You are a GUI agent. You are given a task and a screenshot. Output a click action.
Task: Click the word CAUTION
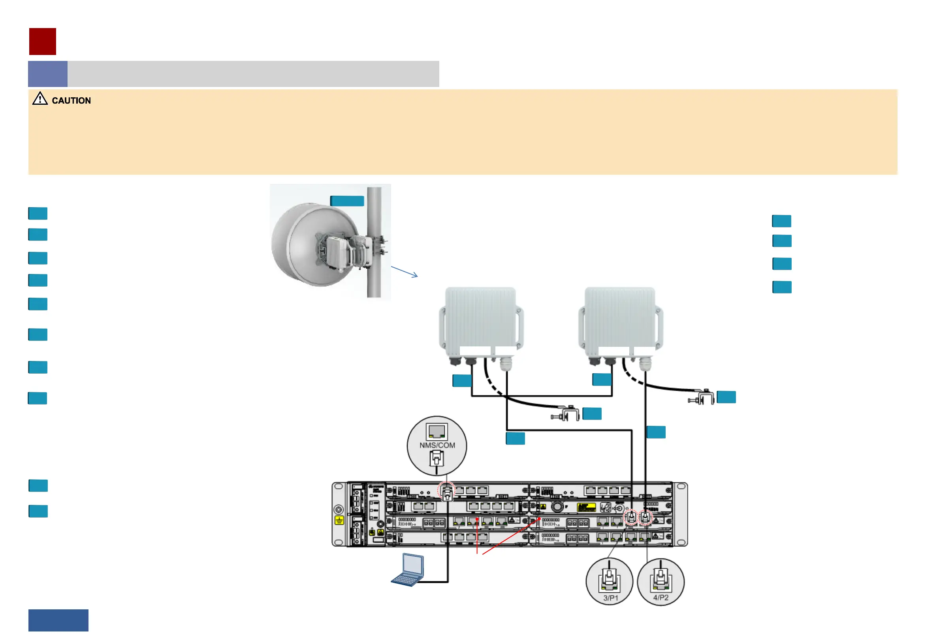pyautogui.click(x=71, y=100)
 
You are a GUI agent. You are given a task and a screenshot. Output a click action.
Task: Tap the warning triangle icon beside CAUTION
pyautogui.click(x=40, y=98)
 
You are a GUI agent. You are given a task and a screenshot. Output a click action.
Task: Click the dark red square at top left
pyautogui.click(x=43, y=42)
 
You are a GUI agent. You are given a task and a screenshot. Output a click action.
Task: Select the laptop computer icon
pyautogui.click(x=408, y=570)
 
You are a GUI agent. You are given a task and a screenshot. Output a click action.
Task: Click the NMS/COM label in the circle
pyautogui.click(x=437, y=445)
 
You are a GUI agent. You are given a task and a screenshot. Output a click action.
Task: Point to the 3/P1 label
pyautogui.click(x=611, y=598)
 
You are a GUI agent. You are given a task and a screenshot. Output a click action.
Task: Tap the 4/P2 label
pyautogui.click(x=661, y=597)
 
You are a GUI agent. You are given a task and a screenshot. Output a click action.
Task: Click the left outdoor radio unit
pyautogui.click(x=481, y=320)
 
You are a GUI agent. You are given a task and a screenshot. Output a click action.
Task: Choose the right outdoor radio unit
pyautogui.click(x=620, y=320)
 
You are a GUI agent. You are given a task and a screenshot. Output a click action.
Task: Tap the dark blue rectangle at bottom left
pyautogui.click(x=58, y=620)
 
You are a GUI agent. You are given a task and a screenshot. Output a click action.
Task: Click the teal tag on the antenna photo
pyautogui.click(x=347, y=201)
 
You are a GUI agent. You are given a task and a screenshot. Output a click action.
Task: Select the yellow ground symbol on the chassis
pyautogui.click(x=339, y=520)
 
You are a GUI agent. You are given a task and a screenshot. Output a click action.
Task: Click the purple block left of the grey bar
pyautogui.click(x=48, y=74)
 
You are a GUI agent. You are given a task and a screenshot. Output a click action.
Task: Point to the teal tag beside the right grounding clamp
pyautogui.click(x=726, y=397)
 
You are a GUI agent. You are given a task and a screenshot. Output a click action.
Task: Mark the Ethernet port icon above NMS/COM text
pyautogui.click(x=437, y=431)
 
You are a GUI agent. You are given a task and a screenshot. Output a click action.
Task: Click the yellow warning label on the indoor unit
pyautogui.click(x=586, y=507)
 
